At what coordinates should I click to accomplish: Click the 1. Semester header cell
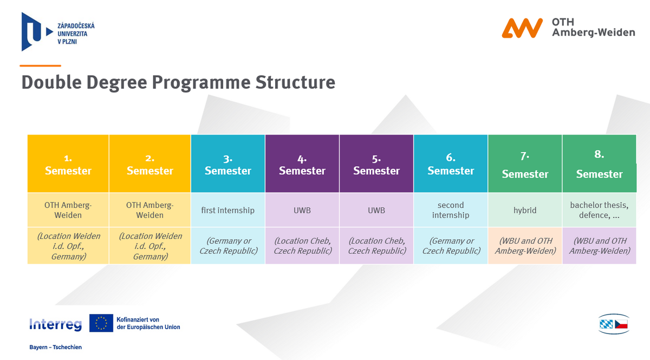click(x=68, y=163)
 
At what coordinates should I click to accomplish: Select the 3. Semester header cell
click(x=228, y=163)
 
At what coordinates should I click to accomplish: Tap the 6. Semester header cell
click(x=451, y=163)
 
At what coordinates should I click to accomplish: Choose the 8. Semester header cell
click(x=599, y=163)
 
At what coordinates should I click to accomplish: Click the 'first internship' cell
click(x=228, y=210)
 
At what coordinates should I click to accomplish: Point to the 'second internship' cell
click(x=451, y=210)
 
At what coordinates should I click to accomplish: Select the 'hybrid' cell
click(x=525, y=210)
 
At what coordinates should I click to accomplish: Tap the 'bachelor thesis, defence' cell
click(x=599, y=210)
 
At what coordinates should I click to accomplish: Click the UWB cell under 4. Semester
click(x=302, y=210)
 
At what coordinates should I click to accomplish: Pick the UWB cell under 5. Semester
click(x=376, y=210)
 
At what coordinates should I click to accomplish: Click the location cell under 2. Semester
click(x=149, y=246)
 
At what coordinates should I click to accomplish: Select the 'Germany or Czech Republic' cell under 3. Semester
click(x=228, y=246)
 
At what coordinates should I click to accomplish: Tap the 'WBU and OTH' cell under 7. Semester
click(x=525, y=246)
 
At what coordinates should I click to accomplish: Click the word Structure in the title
click(x=295, y=82)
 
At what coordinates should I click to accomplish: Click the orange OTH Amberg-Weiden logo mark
click(x=522, y=28)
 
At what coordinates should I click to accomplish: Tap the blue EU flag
click(x=101, y=323)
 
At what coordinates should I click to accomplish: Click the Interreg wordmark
click(x=55, y=324)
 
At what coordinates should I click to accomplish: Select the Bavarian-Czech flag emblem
click(x=614, y=324)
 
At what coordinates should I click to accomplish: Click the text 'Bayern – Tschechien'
click(x=55, y=347)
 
